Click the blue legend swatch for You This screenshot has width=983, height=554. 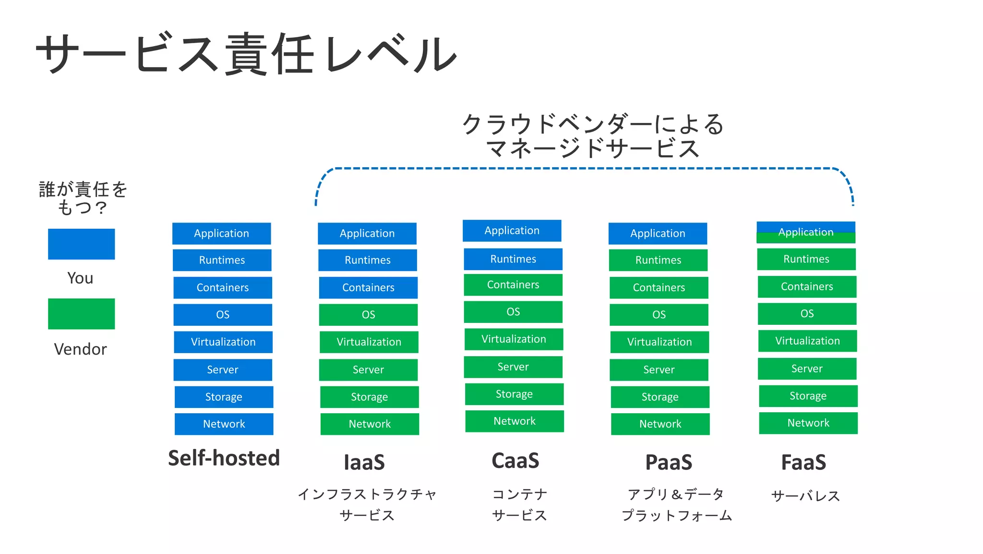(x=81, y=244)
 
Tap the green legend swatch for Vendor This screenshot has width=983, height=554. (x=81, y=314)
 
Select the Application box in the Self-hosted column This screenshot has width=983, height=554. (x=221, y=234)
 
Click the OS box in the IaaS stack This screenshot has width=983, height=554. (x=368, y=315)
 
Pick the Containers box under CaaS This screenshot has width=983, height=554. (x=513, y=285)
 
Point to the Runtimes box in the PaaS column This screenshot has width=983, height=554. (x=658, y=260)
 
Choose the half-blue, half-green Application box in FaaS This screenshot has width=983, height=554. (x=806, y=233)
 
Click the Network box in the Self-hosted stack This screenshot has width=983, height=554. (x=224, y=424)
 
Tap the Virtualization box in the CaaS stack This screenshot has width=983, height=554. (x=514, y=339)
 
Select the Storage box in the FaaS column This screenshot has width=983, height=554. (x=808, y=396)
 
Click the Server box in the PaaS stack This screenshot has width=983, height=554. (x=659, y=369)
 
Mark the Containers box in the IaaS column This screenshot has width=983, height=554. (x=368, y=287)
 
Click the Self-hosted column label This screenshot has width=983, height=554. (x=224, y=458)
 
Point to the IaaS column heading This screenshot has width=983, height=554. (x=364, y=462)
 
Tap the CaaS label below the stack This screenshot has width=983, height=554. (x=515, y=461)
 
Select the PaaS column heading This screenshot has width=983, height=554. (x=669, y=462)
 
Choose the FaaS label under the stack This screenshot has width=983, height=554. (x=803, y=462)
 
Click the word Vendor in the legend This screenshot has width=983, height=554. (x=80, y=349)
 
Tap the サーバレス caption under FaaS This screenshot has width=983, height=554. (x=805, y=495)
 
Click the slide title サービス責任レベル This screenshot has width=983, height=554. (x=246, y=54)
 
